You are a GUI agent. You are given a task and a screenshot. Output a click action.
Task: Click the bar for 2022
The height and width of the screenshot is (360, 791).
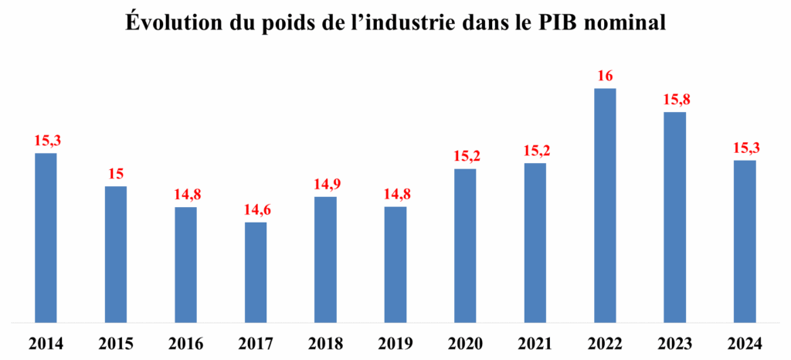(x=605, y=205)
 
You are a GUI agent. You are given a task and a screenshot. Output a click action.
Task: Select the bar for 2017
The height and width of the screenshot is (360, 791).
(x=256, y=271)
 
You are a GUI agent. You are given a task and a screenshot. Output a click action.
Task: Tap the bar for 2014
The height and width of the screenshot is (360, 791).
(x=46, y=236)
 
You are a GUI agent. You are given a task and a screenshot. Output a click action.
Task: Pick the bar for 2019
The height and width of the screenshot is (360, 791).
(x=395, y=263)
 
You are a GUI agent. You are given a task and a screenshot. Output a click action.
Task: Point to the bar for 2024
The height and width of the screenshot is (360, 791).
(x=745, y=240)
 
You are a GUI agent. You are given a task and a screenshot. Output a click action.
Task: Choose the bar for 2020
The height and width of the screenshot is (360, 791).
(x=465, y=244)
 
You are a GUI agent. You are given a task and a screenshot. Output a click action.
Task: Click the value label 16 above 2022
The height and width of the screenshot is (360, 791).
(x=605, y=76)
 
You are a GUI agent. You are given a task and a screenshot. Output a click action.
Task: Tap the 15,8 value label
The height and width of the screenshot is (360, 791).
(x=674, y=100)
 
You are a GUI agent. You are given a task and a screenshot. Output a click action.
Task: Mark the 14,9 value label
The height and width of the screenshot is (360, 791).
(x=325, y=185)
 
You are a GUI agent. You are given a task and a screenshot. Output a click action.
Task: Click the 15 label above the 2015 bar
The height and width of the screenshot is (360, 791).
(x=116, y=174)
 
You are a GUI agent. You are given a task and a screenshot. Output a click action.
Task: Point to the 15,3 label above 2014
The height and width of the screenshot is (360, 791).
(x=46, y=141)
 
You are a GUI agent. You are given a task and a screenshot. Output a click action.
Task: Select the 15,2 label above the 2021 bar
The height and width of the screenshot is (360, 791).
(x=535, y=151)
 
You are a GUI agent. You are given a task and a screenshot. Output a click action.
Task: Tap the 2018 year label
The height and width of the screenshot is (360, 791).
(x=325, y=343)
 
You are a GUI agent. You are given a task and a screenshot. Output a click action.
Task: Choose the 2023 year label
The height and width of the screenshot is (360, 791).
(x=674, y=343)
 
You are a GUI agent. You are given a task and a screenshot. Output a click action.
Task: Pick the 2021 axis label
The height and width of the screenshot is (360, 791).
(x=535, y=343)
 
